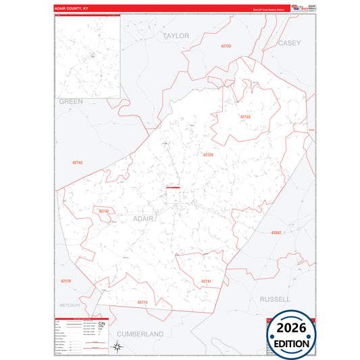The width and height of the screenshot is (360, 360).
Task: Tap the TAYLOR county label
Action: click(x=176, y=35)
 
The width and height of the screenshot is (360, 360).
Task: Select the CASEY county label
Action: click(x=289, y=42)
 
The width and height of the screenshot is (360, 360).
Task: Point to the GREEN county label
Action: click(x=70, y=101)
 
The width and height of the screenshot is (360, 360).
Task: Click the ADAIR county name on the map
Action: click(x=145, y=219)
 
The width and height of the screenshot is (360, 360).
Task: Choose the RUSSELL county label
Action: click(x=275, y=298)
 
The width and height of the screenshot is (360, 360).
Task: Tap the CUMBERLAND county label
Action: click(x=140, y=334)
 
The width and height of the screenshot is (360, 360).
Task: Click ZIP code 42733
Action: click(x=226, y=46)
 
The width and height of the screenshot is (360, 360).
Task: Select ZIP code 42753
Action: click(x=245, y=117)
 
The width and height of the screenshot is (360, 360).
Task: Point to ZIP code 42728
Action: click(x=207, y=155)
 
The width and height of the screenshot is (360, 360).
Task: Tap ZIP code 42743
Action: click(x=77, y=163)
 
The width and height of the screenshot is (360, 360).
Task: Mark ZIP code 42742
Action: click(x=103, y=211)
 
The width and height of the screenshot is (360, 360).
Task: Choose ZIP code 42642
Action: click(x=276, y=232)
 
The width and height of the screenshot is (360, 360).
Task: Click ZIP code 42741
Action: click(x=206, y=281)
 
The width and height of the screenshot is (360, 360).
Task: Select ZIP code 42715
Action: click(x=142, y=302)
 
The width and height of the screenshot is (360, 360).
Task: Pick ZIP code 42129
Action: click(x=66, y=280)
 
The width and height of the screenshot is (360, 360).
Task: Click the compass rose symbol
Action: click(x=118, y=347)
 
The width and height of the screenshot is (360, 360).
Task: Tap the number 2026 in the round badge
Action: click(x=292, y=330)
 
